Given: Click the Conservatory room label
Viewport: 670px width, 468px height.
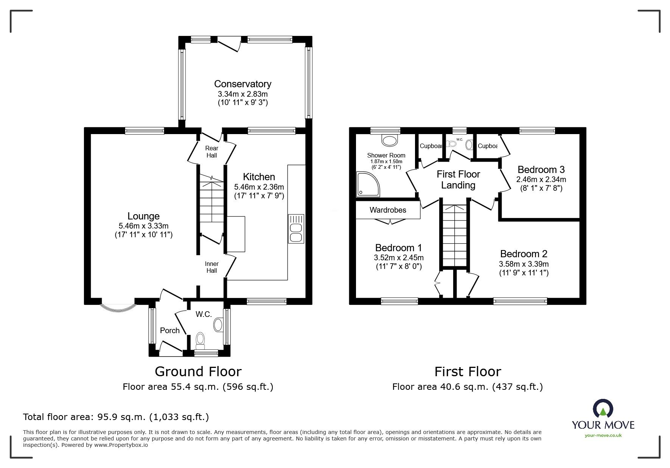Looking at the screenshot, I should [x=243, y=84].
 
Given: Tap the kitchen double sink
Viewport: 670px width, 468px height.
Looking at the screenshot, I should [x=296, y=229].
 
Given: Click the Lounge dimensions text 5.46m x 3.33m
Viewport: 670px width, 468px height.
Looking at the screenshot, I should [x=143, y=226].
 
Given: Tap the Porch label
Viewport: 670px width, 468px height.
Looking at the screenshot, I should [x=169, y=331].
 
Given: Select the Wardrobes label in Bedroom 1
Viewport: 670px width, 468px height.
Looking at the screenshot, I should [x=388, y=210].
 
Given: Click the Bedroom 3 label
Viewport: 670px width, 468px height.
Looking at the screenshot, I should [x=541, y=169].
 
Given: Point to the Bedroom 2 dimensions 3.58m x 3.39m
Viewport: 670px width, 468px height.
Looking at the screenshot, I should [x=524, y=264].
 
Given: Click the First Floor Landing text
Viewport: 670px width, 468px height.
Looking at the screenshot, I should [x=458, y=179].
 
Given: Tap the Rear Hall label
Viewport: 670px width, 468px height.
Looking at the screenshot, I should [x=211, y=152].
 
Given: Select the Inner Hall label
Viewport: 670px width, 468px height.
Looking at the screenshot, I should [x=211, y=267].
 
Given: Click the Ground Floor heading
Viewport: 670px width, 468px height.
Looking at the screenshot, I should [x=198, y=372].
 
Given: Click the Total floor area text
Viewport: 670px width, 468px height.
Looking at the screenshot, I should [x=116, y=417].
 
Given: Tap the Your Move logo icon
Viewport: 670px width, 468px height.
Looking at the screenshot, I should [x=603, y=409].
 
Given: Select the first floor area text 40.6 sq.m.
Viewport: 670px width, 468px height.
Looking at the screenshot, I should [x=467, y=387].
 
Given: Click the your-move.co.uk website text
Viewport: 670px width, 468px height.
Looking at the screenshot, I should [x=603, y=436].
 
